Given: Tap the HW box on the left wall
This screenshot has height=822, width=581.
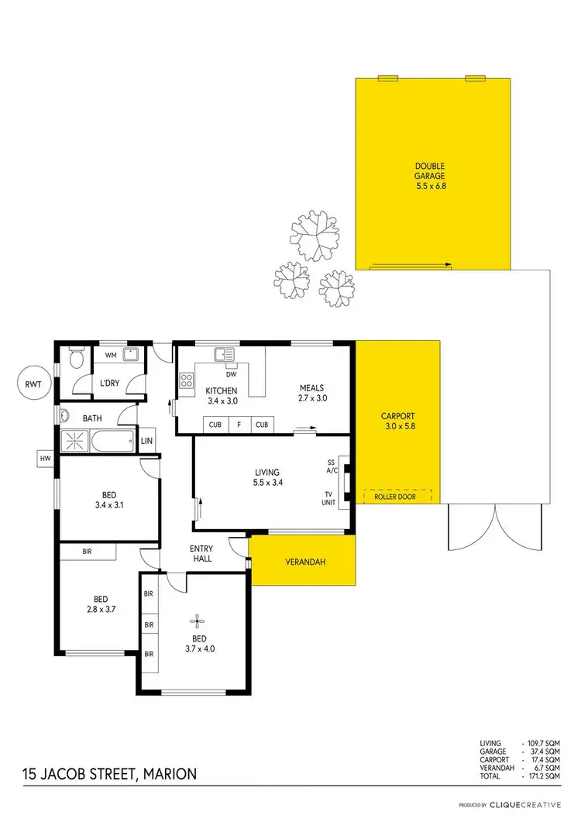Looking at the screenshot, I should point(44,459).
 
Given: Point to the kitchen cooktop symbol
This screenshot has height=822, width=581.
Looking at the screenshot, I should point(187,380).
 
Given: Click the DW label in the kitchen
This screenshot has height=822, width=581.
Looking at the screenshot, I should point(230,366).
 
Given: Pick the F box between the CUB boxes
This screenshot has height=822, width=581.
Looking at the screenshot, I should point(239,425).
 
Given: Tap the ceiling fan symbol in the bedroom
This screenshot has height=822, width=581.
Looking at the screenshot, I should point(199,619).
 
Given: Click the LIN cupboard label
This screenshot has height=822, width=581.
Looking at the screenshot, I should point(147,441).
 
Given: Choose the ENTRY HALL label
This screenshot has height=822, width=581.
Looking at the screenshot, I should point(202,552).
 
